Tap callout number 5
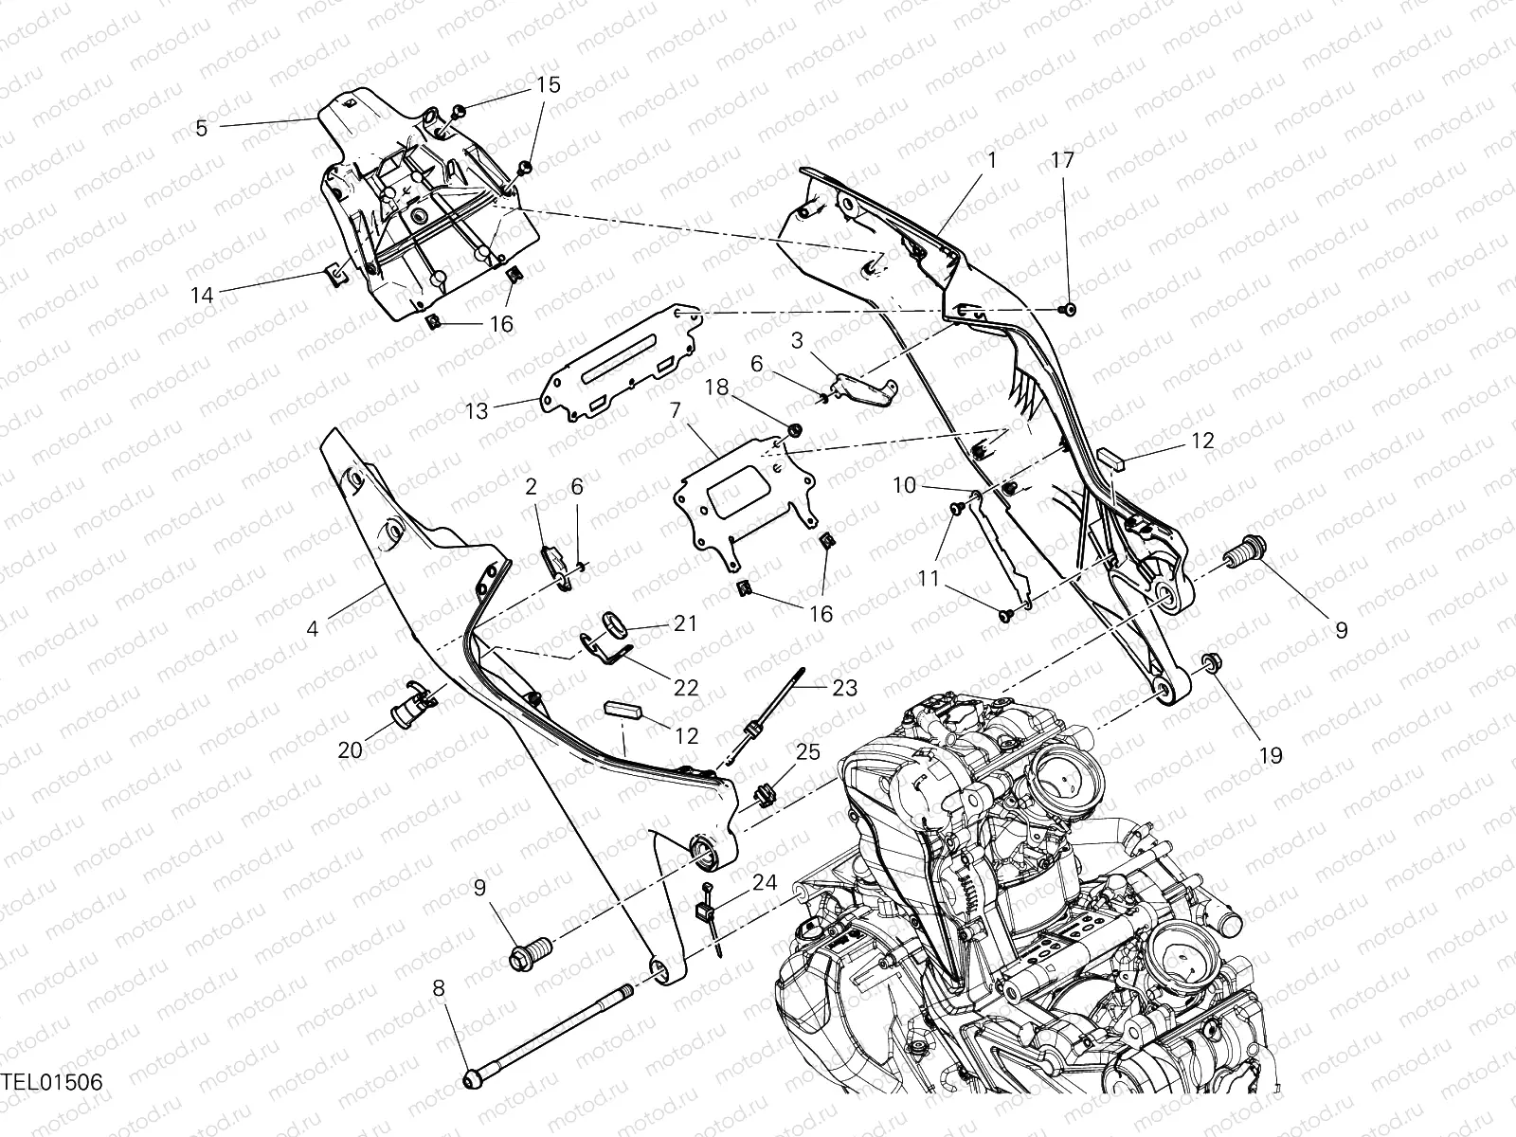[x=201, y=128]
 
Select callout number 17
[x=1063, y=160]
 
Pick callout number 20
[x=350, y=750]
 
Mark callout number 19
[x=1270, y=755]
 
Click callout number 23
[x=845, y=687]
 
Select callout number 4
[x=314, y=627]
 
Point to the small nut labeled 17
[x=1069, y=309]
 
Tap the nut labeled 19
[x=1210, y=660]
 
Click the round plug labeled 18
[x=795, y=431]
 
